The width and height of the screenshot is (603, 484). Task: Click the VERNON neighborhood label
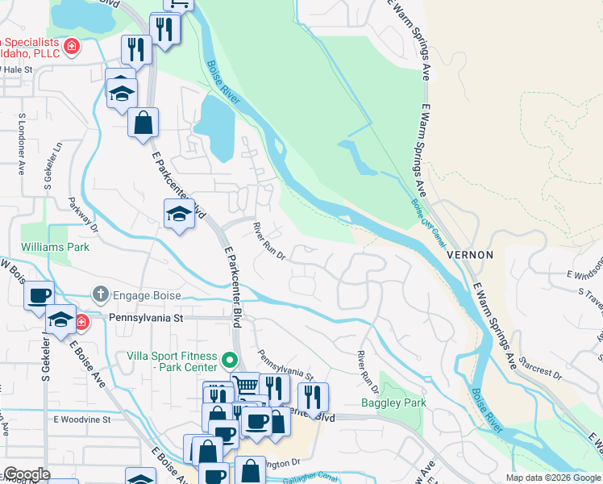tap(469, 254)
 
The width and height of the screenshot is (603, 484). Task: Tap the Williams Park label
tap(56, 247)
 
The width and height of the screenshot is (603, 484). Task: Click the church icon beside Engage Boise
tap(100, 294)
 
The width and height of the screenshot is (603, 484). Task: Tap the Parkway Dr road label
tap(82, 215)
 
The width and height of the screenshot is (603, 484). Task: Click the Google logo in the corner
tap(26, 474)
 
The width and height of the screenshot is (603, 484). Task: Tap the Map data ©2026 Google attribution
tap(552, 478)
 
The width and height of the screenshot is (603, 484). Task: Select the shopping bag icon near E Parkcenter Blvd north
tap(143, 123)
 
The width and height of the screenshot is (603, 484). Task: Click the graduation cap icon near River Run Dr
tap(179, 214)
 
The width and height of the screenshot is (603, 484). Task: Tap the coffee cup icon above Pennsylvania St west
tap(39, 295)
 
